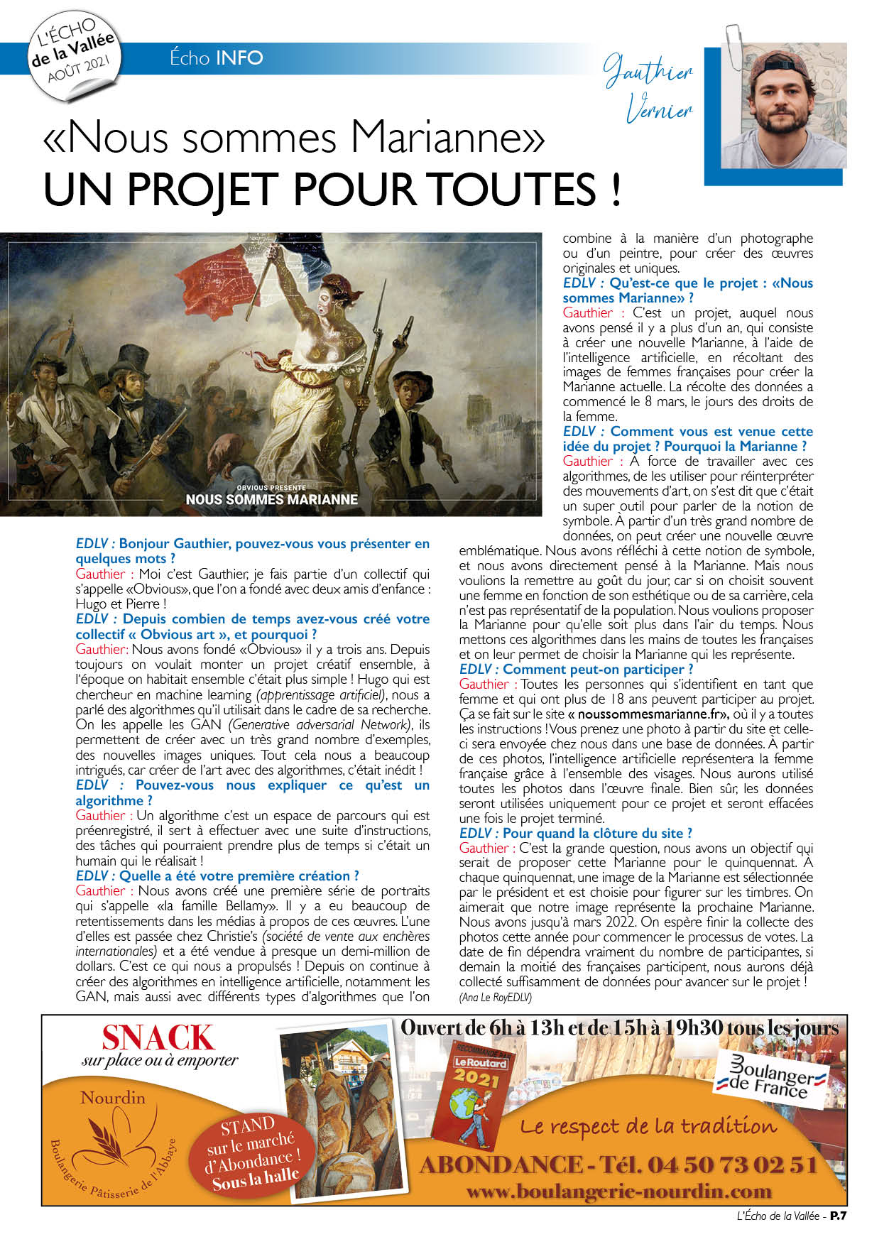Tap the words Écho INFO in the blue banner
216,58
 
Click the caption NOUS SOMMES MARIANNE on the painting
271,499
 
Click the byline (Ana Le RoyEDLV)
495,997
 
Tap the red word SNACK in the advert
158,1039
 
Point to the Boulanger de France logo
773,1077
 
